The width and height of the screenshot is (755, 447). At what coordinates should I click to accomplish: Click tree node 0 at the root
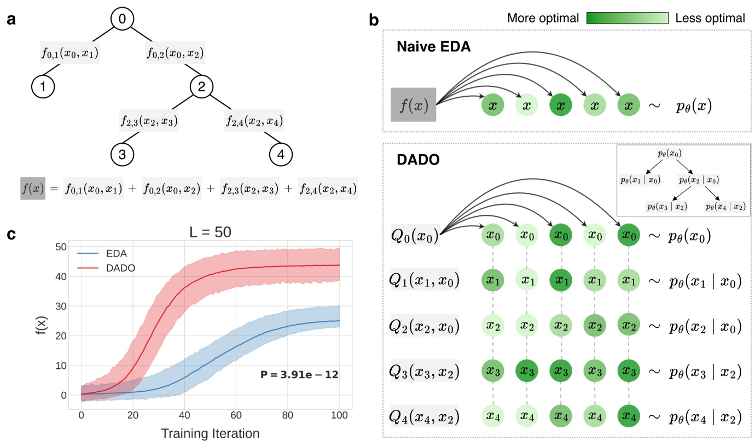122,19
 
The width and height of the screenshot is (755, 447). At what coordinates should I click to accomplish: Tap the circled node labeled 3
123,155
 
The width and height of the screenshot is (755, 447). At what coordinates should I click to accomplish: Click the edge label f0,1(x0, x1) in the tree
70,53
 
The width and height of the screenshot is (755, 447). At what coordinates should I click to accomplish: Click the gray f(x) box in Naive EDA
413,104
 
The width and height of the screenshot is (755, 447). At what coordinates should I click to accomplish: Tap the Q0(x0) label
415,237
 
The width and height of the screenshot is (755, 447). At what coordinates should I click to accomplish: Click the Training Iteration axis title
210,434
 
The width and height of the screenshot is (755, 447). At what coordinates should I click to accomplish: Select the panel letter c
11,235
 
